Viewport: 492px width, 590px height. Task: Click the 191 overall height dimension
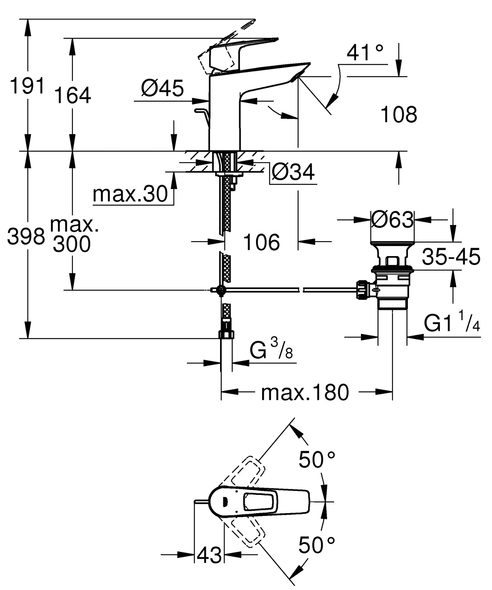coord(28,86)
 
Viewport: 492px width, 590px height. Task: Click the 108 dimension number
coord(399,115)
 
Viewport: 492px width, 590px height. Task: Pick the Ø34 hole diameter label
coord(293,172)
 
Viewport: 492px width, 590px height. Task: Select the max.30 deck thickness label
coord(130,194)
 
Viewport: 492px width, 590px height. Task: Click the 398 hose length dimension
coord(26,237)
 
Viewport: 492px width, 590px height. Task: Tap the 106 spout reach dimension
coord(261,242)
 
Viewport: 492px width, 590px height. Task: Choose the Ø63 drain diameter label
coord(392,220)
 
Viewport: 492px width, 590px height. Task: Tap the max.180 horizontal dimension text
coord(305,392)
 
